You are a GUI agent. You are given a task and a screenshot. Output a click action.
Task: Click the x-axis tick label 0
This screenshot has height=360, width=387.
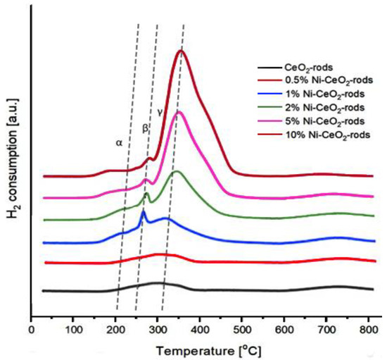pyautogui.click(x=31, y=328)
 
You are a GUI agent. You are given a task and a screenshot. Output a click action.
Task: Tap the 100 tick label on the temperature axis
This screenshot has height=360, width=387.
pyautogui.click(x=73, y=328)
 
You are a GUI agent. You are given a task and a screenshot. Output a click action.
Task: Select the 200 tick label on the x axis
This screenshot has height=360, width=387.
pyautogui.click(x=115, y=328)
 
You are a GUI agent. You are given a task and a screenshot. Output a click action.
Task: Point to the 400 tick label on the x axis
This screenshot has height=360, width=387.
pyautogui.click(x=200, y=328)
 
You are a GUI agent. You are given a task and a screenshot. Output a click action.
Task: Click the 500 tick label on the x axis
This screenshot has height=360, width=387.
pyautogui.click(x=242, y=328)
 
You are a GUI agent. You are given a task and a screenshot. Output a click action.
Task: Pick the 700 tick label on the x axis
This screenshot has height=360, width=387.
pyautogui.click(x=326, y=328)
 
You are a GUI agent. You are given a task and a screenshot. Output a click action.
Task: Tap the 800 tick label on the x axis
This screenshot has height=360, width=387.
pyautogui.click(x=368, y=328)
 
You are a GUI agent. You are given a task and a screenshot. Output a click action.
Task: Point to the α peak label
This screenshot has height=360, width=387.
pyautogui.click(x=119, y=143)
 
